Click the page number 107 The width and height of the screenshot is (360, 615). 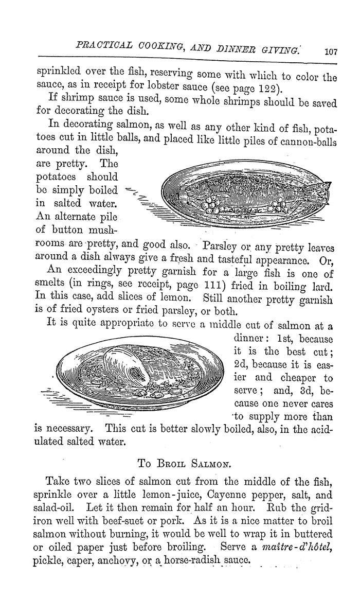[x=330, y=51]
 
